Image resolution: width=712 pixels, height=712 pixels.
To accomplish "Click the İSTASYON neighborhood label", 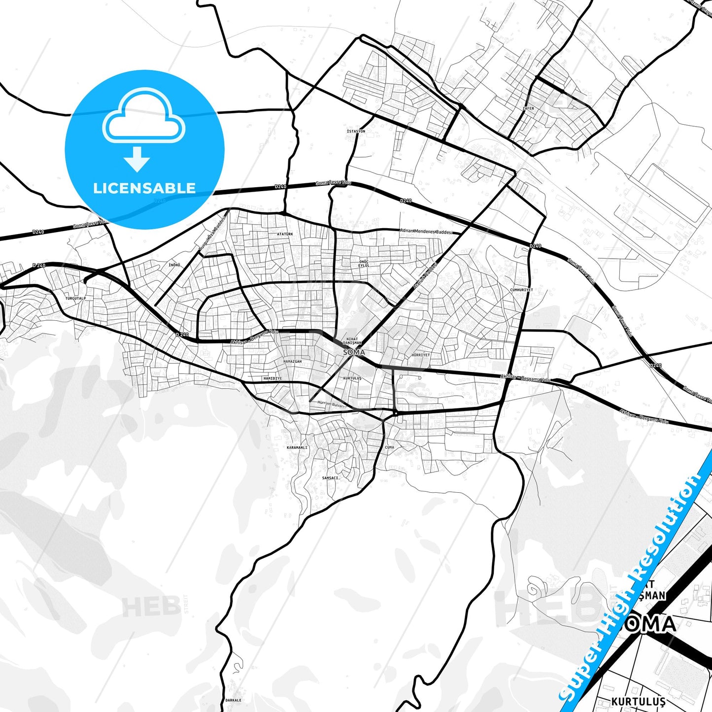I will tap(356, 132).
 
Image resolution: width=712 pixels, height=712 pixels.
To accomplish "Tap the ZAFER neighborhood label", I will tap(528, 108).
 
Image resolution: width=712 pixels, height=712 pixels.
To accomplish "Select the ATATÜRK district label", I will tap(285, 234).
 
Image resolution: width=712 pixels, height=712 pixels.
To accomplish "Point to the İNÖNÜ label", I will tap(174, 265).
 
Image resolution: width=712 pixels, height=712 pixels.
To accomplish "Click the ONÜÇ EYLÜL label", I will tap(364, 263).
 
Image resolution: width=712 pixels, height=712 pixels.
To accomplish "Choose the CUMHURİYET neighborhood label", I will tap(521, 290).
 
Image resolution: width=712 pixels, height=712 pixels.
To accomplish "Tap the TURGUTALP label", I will tap(75, 299).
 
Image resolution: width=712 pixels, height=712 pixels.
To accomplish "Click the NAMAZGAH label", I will tap(292, 361).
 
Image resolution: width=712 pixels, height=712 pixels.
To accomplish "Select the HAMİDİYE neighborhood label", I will tap(272, 378).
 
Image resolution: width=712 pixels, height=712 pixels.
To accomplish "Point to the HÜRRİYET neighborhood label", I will tap(421, 355).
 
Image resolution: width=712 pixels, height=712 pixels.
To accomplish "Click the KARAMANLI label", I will tap(297, 447).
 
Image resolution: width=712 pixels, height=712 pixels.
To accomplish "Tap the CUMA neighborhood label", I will tap(389, 447).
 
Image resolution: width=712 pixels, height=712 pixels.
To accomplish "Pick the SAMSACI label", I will tap(331, 477).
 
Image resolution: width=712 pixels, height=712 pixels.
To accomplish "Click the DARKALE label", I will tap(233, 700).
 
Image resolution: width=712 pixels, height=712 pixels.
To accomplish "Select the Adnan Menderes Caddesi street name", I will tap(426, 231).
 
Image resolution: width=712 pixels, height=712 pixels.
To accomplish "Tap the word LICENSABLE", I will tap(144, 188).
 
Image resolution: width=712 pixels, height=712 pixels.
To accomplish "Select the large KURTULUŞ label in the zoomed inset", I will tap(638, 701).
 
